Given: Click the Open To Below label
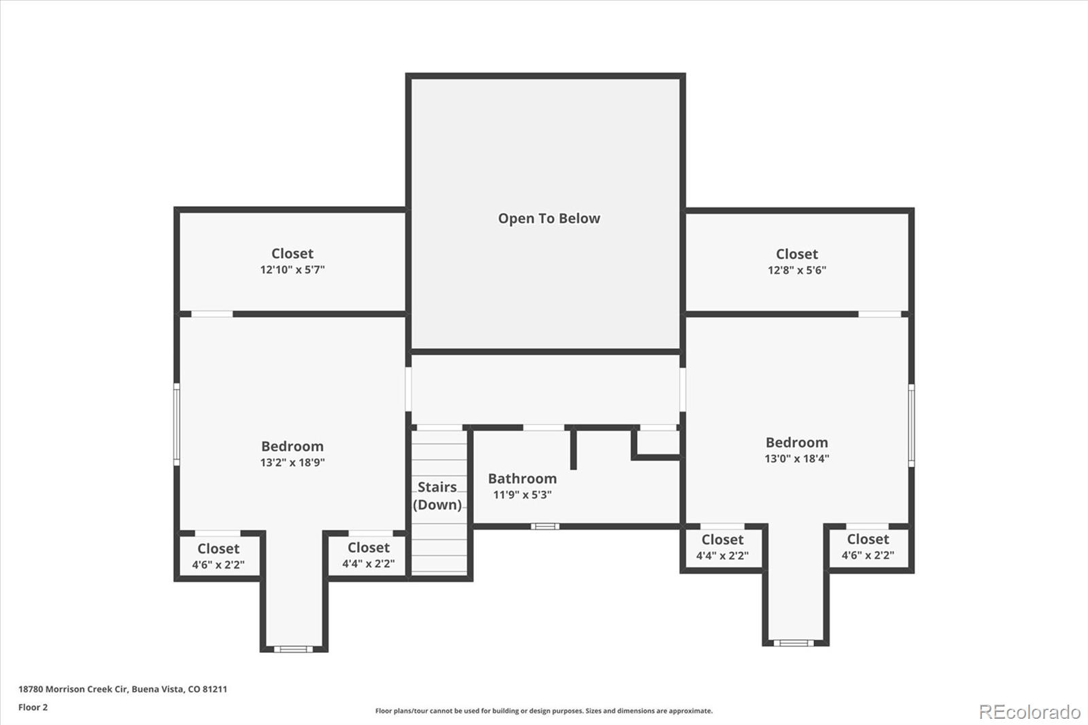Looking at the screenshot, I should (549, 218).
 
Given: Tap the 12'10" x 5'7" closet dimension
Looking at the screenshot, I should (292, 270).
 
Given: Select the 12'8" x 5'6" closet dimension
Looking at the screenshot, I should (797, 270).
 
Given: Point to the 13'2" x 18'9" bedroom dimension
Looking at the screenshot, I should (292, 462).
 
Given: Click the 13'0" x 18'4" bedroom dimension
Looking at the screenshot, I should (797, 458).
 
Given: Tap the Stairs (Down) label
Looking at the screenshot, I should (437, 496).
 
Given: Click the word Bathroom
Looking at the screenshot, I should (522, 479).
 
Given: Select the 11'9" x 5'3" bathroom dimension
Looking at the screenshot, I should (522, 495).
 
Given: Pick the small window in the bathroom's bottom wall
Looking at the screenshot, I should (545, 526).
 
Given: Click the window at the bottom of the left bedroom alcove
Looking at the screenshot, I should (293, 649).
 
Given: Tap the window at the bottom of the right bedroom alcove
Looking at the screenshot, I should (793, 643).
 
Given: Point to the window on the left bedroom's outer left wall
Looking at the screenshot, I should (177, 424).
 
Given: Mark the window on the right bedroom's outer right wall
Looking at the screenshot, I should (911, 424).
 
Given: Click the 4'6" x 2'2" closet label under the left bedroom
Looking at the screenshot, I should (218, 565).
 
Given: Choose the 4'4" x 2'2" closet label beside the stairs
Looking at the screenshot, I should (369, 564).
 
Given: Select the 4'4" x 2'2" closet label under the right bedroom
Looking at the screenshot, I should (722, 556).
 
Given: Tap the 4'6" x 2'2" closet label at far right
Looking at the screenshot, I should (868, 555).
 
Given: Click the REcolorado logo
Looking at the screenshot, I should (1030, 711).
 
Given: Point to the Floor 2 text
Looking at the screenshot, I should (33, 707).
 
